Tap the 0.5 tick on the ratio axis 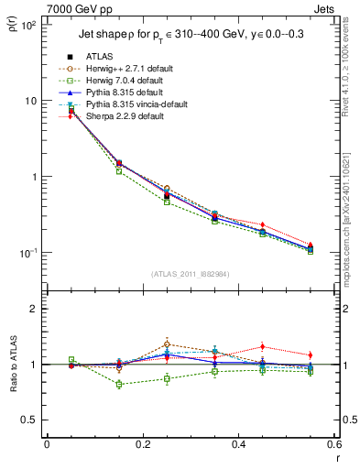coord(30,420)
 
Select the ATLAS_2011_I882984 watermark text coord(191,274)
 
